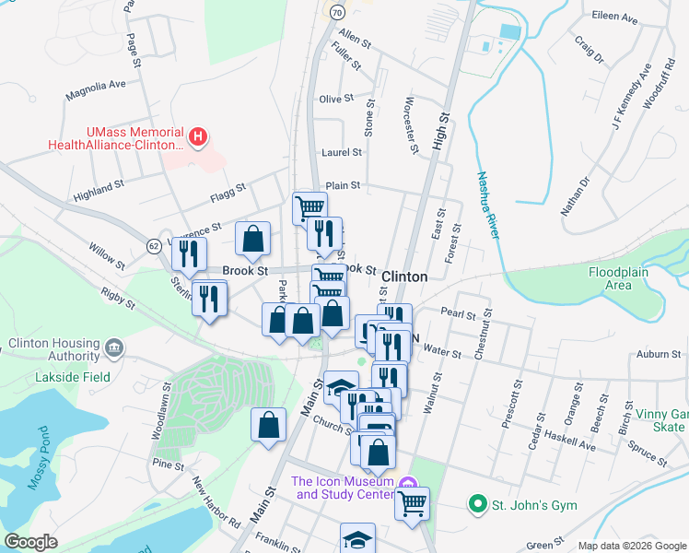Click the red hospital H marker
(x=196, y=138)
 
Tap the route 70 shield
(x=337, y=12)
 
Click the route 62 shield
(x=154, y=245)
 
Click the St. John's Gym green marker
(x=477, y=504)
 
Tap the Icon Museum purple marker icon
(x=409, y=482)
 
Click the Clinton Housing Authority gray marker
(x=114, y=347)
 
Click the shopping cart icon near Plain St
(x=310, y=206)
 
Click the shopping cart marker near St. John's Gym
(x=413, y=502)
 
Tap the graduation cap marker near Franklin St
(x=357, y=538)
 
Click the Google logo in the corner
(x=30, y=542)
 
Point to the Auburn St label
(x=658, y=353)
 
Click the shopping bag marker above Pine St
(x=268, y=426)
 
